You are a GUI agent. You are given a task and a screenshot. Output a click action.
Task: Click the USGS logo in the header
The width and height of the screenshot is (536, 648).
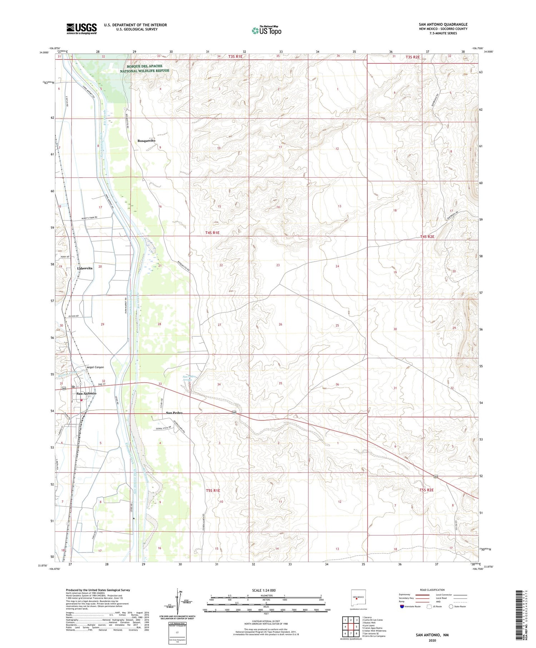[81, 29]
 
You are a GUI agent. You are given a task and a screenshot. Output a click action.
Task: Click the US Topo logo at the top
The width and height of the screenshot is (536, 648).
[267, 31]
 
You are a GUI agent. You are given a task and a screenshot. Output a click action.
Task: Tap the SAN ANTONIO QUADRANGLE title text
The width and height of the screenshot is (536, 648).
[443, 24]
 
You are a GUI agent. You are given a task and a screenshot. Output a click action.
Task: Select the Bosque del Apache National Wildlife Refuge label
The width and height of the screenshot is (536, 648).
[144, 68]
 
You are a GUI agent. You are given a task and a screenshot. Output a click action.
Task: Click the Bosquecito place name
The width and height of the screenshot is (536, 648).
[147, 141]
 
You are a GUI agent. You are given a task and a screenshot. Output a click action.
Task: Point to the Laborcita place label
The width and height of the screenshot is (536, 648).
[85, 268]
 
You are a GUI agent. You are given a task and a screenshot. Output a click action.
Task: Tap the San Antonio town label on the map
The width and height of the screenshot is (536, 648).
[86, 394]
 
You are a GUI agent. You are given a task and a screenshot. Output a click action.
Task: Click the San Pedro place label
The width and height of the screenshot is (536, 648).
[174, 413]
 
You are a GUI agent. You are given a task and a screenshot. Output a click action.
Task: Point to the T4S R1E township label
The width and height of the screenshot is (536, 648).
[212, 233]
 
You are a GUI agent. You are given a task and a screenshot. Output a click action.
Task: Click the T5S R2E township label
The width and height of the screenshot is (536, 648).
[426, 490]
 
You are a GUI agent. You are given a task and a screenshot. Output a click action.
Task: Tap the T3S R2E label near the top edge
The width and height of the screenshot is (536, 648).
[412, 57]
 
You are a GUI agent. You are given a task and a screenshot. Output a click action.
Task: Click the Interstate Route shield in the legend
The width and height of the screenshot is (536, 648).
[402, 607]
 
